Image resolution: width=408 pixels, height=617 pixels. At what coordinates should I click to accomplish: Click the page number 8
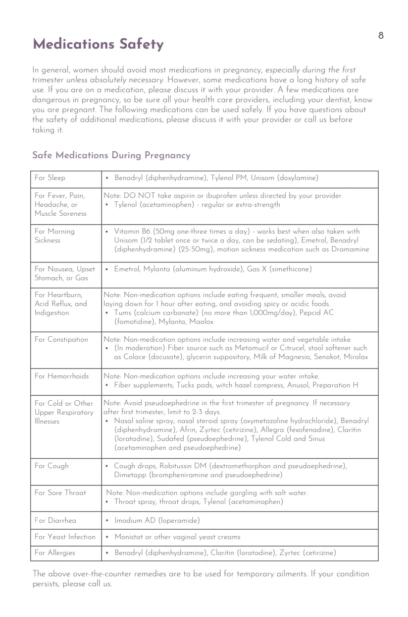coord(381,35)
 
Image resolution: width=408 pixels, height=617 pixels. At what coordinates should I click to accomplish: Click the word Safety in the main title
coord(141,45)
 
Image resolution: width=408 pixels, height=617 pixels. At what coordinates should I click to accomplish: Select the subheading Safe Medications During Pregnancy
coord(111,156)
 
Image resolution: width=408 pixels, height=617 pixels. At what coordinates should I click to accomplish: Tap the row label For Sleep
coord(50,178)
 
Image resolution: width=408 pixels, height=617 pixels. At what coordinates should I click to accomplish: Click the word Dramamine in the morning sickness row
coord(349,249)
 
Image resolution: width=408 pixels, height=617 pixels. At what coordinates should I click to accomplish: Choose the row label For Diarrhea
coord(55,520)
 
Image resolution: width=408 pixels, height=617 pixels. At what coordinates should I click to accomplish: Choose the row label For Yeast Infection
coord(65,537)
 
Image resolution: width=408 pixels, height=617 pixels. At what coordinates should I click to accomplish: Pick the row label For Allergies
coord(55,553)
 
